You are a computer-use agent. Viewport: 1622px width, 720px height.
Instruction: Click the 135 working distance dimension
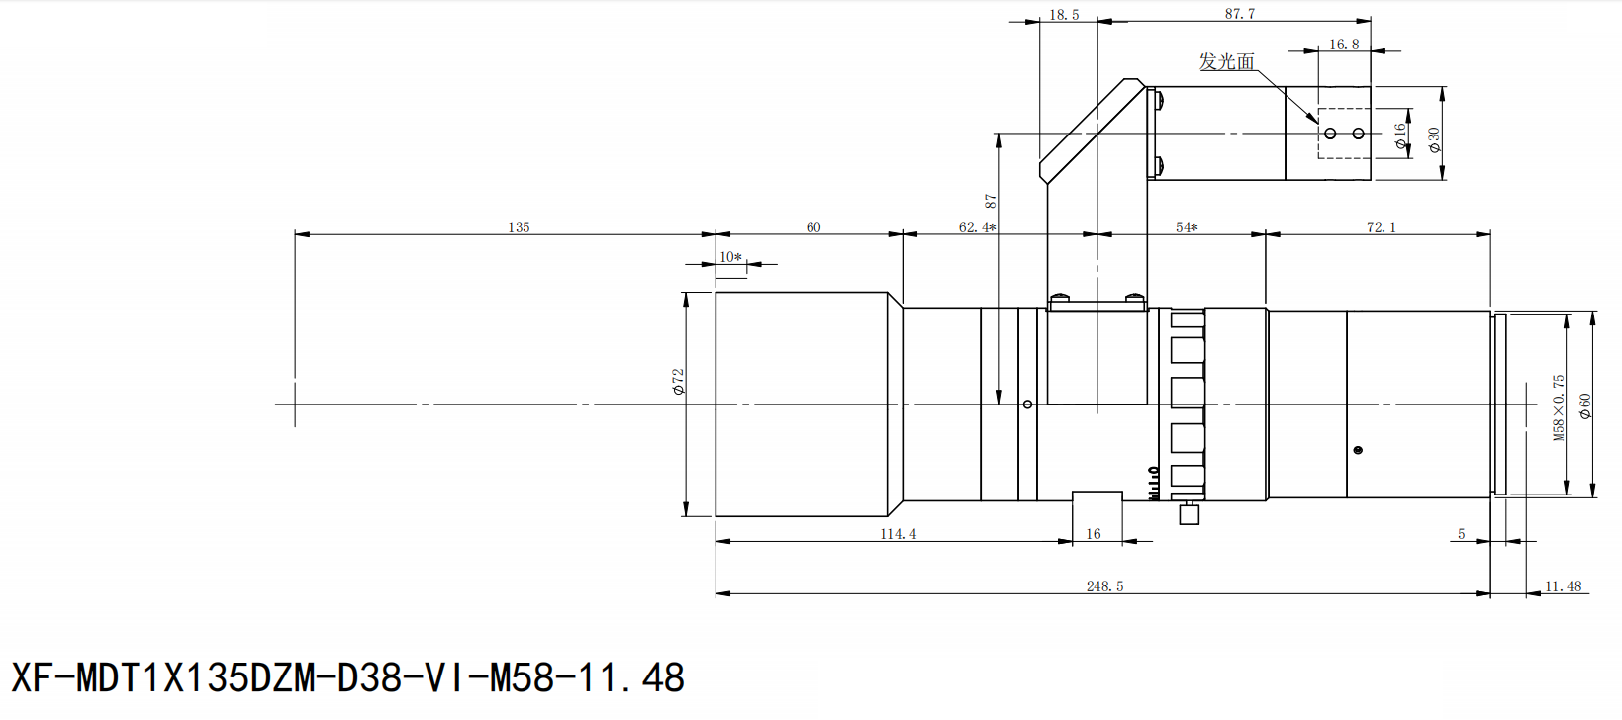coord(519,227)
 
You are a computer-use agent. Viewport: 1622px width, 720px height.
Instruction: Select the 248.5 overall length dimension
coord(1104,586)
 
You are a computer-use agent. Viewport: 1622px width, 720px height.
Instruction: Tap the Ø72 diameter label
coord(679,382)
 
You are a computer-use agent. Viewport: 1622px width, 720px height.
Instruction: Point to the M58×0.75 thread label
coord(1559,407)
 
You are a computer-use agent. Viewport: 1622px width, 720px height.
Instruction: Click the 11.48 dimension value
coord(1563,586)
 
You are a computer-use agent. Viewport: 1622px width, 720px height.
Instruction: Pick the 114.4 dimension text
coord(899,534)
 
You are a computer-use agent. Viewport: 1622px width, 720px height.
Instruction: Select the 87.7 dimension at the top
coord(1239,14)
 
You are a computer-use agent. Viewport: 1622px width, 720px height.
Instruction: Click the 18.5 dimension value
coord(1064,15)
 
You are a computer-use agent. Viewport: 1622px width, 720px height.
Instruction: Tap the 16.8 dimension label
coord(1343,45)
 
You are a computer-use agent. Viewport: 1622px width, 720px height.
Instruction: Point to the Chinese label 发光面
coord(1227,62)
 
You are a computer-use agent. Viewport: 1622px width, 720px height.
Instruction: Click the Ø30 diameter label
coord(1434,140)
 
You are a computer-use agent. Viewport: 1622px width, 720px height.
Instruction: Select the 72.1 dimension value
coord(1381,227)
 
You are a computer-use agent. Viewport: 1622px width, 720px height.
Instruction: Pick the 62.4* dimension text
coord(977,227)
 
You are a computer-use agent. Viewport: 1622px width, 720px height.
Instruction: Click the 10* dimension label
coord(730,257)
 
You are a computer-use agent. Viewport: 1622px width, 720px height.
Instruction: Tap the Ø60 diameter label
coord(1585,406)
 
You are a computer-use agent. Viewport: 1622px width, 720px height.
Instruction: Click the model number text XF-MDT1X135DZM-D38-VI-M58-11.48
coord(347,678)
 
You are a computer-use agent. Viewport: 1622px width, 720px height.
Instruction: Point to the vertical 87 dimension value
coord(991,201)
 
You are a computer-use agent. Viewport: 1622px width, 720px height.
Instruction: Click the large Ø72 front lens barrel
coord(802,404)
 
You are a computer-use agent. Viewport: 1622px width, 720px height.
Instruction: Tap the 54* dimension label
coord(1187,227)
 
